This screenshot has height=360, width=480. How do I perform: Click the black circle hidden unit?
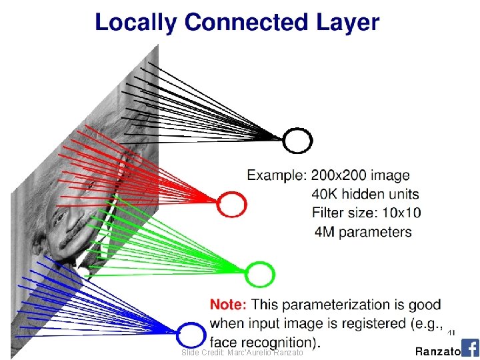tap(297, 140)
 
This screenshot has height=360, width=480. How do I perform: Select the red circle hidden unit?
tap(232, 203)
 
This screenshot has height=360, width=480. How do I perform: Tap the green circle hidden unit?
tap(259, 273)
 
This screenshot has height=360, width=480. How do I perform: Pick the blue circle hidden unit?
tap(191, 334)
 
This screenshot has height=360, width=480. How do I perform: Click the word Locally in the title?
tap(136, 23)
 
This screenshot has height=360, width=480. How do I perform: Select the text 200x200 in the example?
tap(338, 175)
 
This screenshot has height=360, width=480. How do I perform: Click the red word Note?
tap(229, 305)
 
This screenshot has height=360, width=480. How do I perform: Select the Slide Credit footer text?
tap(243, 352)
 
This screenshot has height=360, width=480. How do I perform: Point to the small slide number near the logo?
tap(451, 332)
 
